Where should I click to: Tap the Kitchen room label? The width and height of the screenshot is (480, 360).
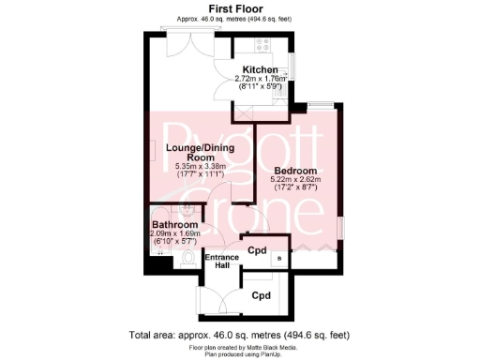[260, 70]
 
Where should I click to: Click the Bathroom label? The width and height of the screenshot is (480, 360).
[175, 226]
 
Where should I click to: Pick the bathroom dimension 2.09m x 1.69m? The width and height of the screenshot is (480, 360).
[175, 234]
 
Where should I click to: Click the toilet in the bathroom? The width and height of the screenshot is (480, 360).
[188, 258]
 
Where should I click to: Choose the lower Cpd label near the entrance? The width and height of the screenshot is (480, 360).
[262, 295]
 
